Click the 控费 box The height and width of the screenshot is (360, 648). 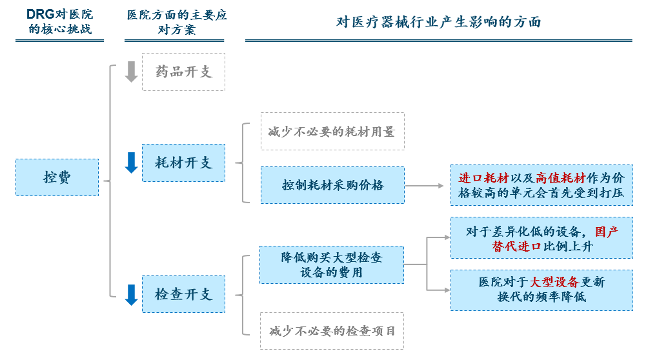(57, 177)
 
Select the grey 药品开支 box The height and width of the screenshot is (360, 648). (183, 72)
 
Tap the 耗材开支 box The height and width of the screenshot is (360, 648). (183, 163)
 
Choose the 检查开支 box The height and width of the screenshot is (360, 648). (183, 294)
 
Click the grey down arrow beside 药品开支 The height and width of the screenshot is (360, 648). (132, 72)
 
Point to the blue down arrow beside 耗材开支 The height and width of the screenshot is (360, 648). (132, 163)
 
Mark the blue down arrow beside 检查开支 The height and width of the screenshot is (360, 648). (132, 295)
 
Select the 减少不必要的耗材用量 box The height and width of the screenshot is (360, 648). (332, 132)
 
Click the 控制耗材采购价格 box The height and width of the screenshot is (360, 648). (332, 185)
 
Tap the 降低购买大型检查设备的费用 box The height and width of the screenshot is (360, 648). (332, 265)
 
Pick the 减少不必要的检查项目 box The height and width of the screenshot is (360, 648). (332, 331)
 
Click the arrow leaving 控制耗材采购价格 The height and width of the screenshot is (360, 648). (425, 186)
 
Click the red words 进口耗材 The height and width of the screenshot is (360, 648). (483, 178)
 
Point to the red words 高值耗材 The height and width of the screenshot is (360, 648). (561, 178)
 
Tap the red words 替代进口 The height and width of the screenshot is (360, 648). (516, 246)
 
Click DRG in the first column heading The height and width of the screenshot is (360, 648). (41, 14)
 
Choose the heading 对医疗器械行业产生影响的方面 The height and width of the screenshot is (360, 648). (438, 22)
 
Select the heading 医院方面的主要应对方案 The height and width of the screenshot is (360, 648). (177, 23)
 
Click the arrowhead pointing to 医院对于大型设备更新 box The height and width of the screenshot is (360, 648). (447, 290)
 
